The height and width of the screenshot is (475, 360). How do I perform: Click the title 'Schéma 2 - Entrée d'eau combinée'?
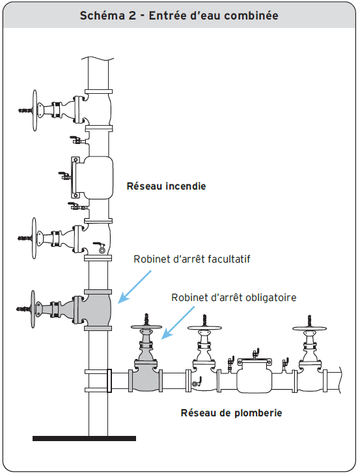point(179,16)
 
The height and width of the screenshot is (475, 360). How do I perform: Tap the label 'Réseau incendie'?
point(166,186)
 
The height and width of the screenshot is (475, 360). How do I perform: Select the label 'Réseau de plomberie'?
point(231,413)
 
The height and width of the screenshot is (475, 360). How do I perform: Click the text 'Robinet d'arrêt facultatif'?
point(192,259)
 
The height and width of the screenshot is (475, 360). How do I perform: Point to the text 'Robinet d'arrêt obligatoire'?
point(234,298)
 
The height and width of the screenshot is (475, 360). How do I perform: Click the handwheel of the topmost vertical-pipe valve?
point(35,111)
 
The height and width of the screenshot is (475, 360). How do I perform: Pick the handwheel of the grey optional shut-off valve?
point(33,309)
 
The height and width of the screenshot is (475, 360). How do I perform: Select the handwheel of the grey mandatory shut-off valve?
point(146,327)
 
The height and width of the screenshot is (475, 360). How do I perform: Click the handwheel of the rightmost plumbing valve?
point(309,328)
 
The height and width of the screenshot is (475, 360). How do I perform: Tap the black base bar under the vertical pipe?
point(84,439)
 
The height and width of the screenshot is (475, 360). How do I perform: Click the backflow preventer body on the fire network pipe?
point(98,178)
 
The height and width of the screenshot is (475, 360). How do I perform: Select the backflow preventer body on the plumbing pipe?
point(254,377)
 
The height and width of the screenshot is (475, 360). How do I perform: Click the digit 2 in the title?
point(132,16)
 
